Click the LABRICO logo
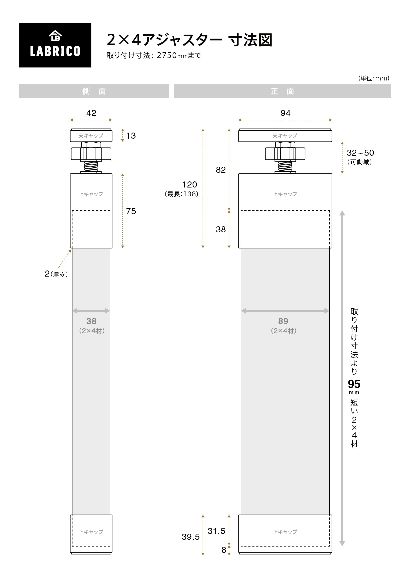coord(55,45)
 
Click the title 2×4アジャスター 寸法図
coord(189,40)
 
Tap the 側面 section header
coord(94,91)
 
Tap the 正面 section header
coord(282,91)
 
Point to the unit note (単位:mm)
coord(374,78)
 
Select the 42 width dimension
coord(91,113)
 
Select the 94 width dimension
coord(286,113)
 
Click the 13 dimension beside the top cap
coord(131,136)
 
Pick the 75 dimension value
coord(131,211)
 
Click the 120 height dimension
coord(189,184)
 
